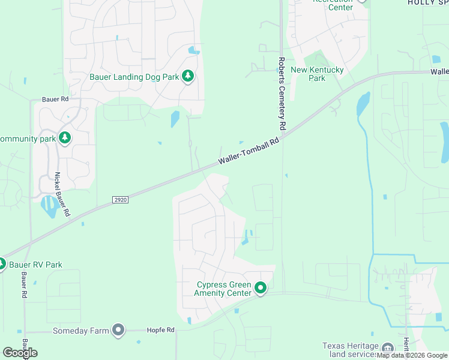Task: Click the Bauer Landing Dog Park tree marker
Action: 188,76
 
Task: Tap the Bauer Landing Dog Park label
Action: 134,77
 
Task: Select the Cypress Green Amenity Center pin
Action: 261,289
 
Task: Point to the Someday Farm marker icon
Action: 118,329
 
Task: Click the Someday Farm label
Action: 81,331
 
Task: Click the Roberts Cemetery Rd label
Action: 281,94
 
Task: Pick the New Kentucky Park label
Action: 317,74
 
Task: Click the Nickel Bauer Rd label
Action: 62,194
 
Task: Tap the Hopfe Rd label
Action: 160,331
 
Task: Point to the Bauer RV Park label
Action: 35,265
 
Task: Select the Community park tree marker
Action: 65,139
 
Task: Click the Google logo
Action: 20,353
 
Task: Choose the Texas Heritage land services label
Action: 351,350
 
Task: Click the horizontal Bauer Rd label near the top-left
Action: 55,99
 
